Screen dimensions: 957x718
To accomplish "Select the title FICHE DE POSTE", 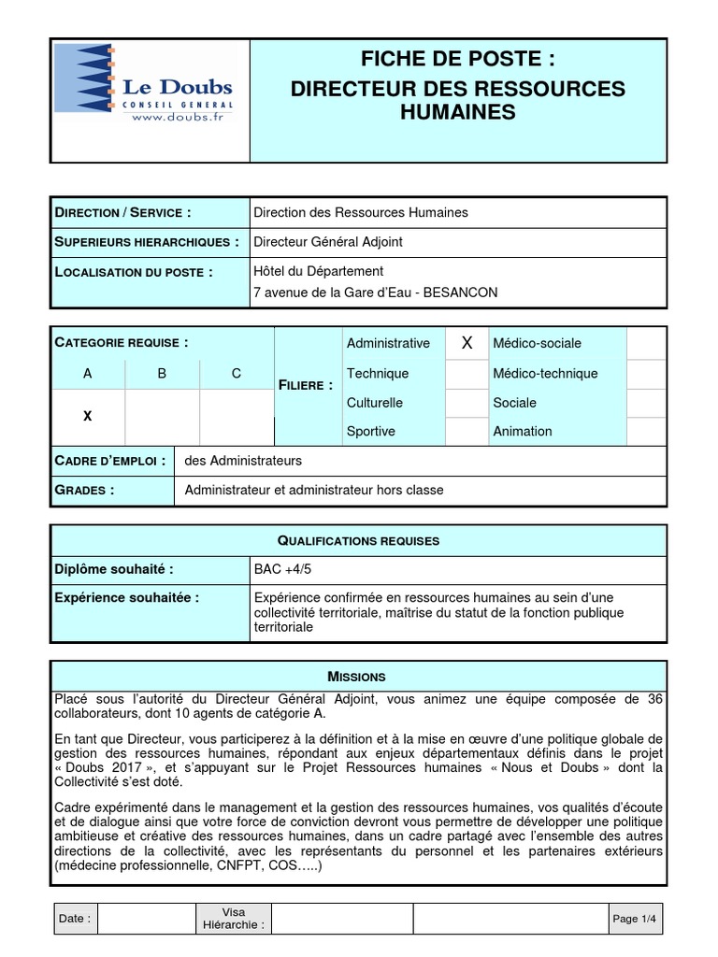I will (x=458, y=60).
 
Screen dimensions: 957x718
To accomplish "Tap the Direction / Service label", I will (x=123, y=212).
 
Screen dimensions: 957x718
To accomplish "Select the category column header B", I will (x=162, y=373).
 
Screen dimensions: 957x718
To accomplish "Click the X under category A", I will (x=88, y=415).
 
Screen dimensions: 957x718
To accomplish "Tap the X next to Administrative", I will (x=467, y=344).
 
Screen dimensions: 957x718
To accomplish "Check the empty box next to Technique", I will (x=467, y=374).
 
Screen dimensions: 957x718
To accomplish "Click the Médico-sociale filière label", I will (x=532, y=343).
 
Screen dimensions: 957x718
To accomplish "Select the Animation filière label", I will (x=523, y=431).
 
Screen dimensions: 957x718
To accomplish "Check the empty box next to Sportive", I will (x=467, y=431).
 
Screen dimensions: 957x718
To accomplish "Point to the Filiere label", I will (x=306, y=385).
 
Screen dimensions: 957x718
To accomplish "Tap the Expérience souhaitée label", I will (x=127, y=597).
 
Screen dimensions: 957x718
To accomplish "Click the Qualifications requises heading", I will (x=359, y=540).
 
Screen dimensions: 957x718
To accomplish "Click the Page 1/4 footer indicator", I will (x=636, y=919).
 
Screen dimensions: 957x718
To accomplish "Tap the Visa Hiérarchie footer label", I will (x=234, y=919).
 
